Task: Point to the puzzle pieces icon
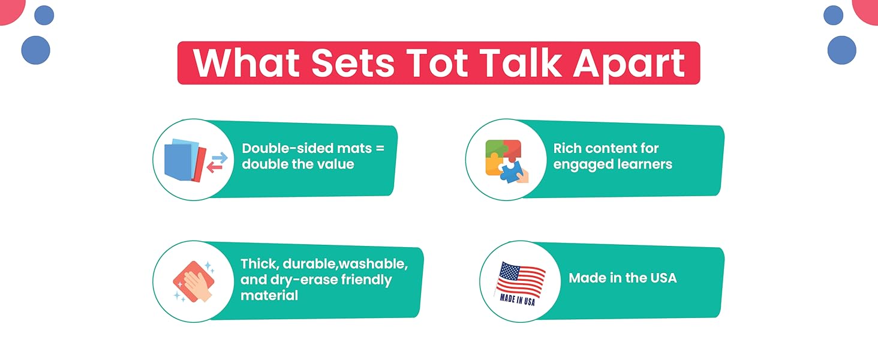pos(506,161)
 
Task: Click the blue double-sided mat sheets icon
pos(185,160)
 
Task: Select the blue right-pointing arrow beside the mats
pos(220,158)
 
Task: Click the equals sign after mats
pos(380,149)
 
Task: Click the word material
pos(269,295)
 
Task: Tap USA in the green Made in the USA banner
pos(663,278)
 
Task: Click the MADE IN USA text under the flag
pos(518,300)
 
